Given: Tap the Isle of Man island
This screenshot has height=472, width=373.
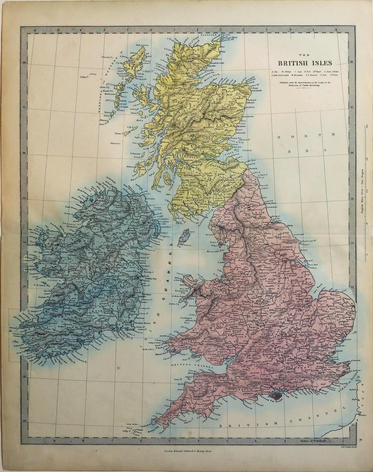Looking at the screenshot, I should (x=183, y=236).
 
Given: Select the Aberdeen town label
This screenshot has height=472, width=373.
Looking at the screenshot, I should (x=250, y=107).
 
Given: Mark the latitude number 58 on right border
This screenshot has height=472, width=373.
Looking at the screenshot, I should (x=352, y=63).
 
